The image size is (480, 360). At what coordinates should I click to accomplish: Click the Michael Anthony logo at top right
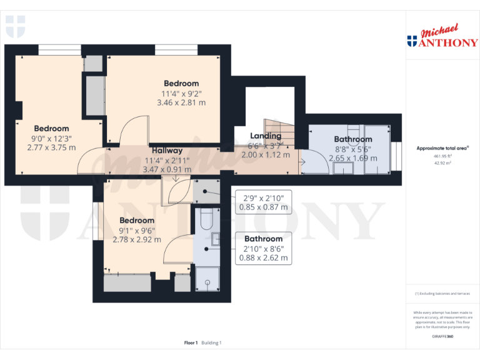(x=442, y=36)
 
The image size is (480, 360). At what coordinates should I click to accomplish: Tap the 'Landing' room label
(x=266, y=136)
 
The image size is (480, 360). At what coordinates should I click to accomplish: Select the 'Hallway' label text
(x=167, y=151)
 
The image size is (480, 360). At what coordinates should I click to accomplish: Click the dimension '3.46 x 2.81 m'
(x=181, y=102)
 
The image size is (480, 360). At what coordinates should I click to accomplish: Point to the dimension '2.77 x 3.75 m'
(x=51, y=147)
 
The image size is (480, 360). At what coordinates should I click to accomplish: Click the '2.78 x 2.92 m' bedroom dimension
(x=137, y=239)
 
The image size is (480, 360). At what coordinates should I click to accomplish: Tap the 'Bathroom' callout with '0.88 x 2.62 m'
(x=263, y=248)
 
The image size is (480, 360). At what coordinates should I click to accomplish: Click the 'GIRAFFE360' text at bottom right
(x=442, y=337)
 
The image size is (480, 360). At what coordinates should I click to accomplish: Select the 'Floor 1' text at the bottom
(x=191, y=342)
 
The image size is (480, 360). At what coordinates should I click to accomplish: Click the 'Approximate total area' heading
(x=442, y=148)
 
